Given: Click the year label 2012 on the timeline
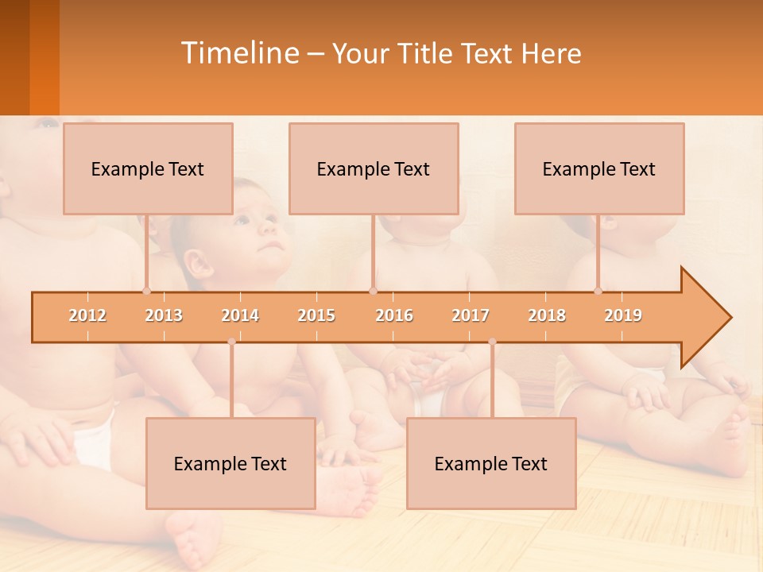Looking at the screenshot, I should click(87, 315).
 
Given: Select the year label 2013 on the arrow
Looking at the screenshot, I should click(164, 315).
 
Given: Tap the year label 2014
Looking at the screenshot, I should click(240, 315).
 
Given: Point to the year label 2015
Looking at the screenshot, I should click(316, 315).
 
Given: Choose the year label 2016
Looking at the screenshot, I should click(394, 315).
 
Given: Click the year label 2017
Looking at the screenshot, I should click(471, 315).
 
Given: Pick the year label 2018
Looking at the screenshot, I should click(547, 315).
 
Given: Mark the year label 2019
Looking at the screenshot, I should click(623, 315).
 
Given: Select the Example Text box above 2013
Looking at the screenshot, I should click(148, 168).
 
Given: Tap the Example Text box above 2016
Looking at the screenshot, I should click(374, 168).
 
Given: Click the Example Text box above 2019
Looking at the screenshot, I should click(599, 168).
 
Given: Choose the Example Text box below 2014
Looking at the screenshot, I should click(230, 463).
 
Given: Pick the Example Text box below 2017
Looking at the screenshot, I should click(491, 463).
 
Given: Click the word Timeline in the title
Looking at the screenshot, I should click(238, 53).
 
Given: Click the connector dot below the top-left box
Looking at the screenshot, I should click(146, 291).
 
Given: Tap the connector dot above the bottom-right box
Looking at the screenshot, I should click(492, 342).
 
